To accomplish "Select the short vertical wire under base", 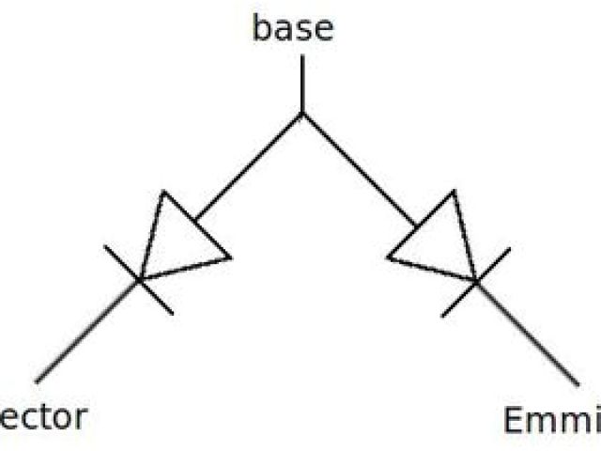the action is (x=301, y=85).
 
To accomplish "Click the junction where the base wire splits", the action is (x=301, y=114).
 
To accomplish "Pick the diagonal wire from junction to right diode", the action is (x=359, y=169).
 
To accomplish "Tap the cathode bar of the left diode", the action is (x=138, y=279).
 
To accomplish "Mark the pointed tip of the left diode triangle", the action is (x=140, y=279).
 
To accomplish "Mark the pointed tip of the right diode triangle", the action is (x=475, y=280).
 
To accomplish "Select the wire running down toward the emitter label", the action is (x=527, y=332).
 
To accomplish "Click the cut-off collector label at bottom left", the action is (x=43, y=416).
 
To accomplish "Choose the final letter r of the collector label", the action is (x=79, y=418).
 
